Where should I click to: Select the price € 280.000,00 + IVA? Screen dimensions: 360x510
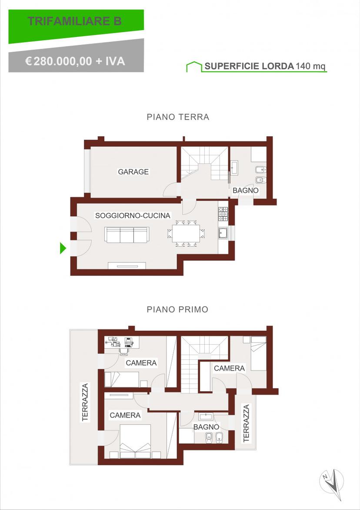(x=75, y=61)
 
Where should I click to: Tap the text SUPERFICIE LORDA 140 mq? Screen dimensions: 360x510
(x=265, y=66)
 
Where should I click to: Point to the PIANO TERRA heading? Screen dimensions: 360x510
(x=178, y=117)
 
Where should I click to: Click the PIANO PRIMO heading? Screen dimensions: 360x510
(x=177, y=309)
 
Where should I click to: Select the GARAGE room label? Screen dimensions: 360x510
(x=133, y=172)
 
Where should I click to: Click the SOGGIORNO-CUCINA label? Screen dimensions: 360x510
(x=133, y=215)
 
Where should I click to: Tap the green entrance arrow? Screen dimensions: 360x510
(x=63, y=248)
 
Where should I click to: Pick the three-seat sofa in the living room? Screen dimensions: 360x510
(x=127, y=235)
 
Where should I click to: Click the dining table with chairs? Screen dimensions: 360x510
(x=186, y=233)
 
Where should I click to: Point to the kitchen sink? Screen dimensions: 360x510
(x=223, y=233)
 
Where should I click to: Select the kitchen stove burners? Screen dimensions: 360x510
(x=223, y=214)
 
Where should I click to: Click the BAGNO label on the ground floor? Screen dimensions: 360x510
(x=245, y=190)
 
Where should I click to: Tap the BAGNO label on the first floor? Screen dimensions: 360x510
(x=207, y=427)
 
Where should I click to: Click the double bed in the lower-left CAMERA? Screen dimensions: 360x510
(x=135, y=441)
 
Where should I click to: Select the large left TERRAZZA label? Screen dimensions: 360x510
(x=85, y=403)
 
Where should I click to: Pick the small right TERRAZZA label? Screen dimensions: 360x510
(x=246, y=423)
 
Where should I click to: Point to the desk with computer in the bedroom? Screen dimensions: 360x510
(x=122, y=342)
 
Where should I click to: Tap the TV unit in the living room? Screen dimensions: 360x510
(x=127, y=266)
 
